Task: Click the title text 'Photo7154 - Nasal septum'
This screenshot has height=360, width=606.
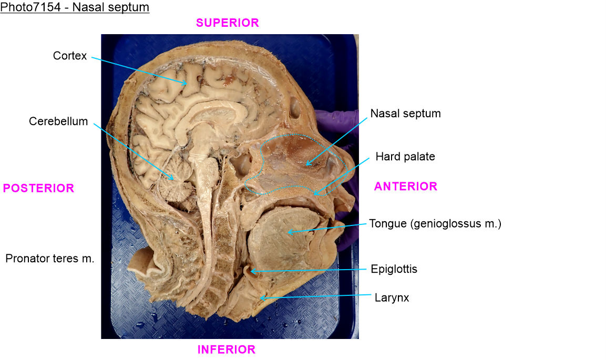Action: (75, 8)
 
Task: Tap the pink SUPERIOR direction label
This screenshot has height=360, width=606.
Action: (227, 23)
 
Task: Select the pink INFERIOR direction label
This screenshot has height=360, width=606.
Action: (226, 349)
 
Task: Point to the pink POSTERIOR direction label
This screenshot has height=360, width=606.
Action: (38, 188)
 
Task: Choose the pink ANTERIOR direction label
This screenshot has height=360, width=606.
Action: (405, 186)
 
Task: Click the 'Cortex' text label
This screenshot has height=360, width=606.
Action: (70, 56)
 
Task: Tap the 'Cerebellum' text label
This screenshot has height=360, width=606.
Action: (58, 121)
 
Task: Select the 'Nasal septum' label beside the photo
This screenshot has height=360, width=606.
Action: (405, 113)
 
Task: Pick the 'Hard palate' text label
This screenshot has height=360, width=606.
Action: (405, 157)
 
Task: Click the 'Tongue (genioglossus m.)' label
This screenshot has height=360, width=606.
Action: (435, 224)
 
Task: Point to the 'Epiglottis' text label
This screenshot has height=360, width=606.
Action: (394, 269)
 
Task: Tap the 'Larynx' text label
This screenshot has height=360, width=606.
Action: (392, 297)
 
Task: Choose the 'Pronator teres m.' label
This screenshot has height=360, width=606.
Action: (50, 258)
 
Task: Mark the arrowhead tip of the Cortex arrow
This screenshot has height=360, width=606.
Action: (187, 84)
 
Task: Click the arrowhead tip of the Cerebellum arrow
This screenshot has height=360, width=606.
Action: (174, 180)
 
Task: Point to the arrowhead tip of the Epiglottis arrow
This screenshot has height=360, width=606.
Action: (250, 272)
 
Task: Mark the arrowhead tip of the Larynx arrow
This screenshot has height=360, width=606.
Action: (260, 298)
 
